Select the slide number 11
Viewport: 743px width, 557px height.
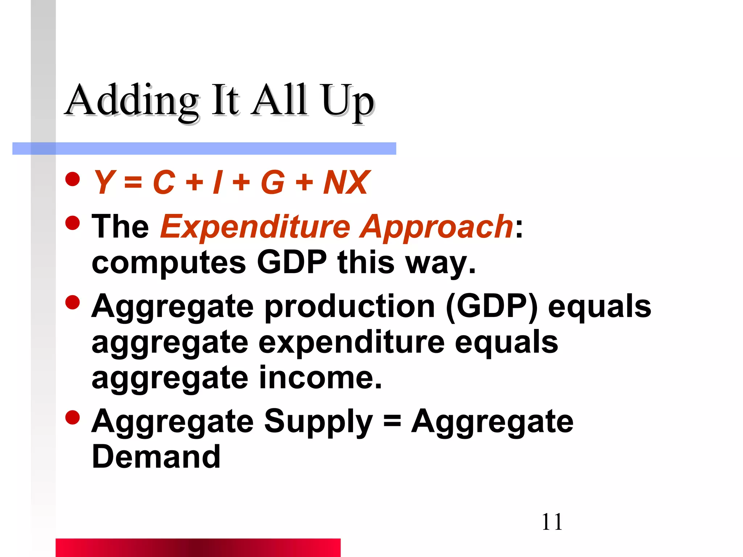552,522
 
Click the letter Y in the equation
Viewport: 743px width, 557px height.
104,182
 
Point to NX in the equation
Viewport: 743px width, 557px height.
346,182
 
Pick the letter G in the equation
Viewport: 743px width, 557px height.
272,182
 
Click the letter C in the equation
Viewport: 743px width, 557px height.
164,182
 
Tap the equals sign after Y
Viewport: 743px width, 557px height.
133,182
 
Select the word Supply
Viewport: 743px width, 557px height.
318,421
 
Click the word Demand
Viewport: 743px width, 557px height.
156,457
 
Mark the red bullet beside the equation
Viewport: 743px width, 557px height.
73,179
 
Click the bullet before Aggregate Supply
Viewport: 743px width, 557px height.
73,417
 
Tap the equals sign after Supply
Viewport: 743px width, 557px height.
392,421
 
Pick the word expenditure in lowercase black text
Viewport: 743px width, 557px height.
351,342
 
